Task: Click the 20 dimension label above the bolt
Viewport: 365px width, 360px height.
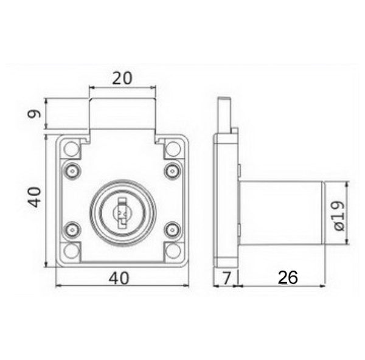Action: point(122,78)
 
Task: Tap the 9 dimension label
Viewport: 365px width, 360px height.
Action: point(34,114)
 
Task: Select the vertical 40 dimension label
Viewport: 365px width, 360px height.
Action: point(35,197)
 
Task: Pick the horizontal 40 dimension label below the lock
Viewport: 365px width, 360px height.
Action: point(119,278)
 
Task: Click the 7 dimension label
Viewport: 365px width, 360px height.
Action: point(226,278)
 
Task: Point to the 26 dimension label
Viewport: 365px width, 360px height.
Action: point(288,277)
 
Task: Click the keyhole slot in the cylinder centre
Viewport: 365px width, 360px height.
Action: point(122,213)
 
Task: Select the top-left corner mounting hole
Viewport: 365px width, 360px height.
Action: point(71,148)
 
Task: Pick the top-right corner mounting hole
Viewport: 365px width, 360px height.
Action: point(173,148)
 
